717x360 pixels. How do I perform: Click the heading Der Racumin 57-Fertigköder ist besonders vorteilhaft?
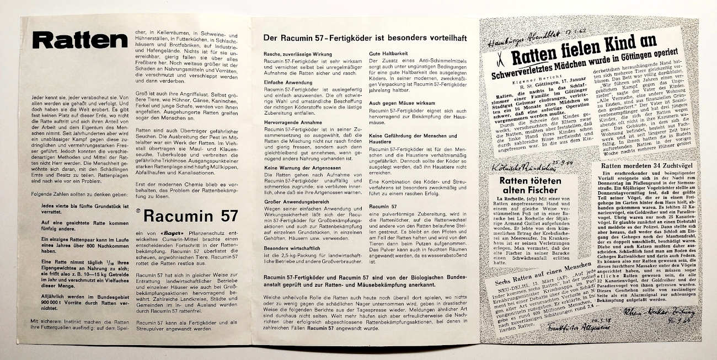point(365,37)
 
